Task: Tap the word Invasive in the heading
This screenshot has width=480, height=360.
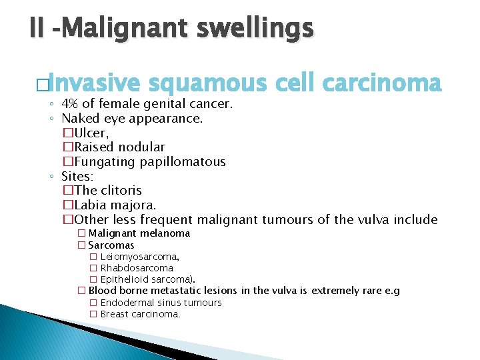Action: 95,84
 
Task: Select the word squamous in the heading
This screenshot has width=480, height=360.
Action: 207,84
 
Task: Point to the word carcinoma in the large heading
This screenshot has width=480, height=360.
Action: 381,84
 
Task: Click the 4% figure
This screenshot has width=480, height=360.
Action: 69,105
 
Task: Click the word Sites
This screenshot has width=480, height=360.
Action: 77,176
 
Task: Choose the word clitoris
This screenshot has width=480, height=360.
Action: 121,191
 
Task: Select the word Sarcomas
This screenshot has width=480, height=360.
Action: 111,245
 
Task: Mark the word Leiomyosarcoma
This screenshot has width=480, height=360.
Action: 139,257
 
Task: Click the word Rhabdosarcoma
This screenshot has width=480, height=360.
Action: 137,268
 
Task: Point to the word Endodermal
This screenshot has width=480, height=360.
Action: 128,303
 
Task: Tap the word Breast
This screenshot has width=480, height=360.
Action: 114,314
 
